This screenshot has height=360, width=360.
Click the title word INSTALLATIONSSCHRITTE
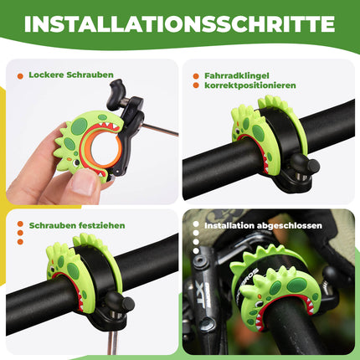pyautogui.click(x=180, y=23)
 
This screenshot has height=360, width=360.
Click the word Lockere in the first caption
pyautogui.click(x=44, y=75)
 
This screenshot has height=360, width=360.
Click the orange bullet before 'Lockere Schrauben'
pyautogui.click(x=20, y=75)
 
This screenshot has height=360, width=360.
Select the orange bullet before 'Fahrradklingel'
pyautogui.click(x=195, y=75)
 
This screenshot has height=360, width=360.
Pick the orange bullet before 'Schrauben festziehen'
pyautogui.click(x=20, y=224)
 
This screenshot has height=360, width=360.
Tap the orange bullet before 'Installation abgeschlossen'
pyautogui.click(x=195, y=224)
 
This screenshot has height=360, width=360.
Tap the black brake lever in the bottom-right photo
pyautogui.click(x=209, y=276)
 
